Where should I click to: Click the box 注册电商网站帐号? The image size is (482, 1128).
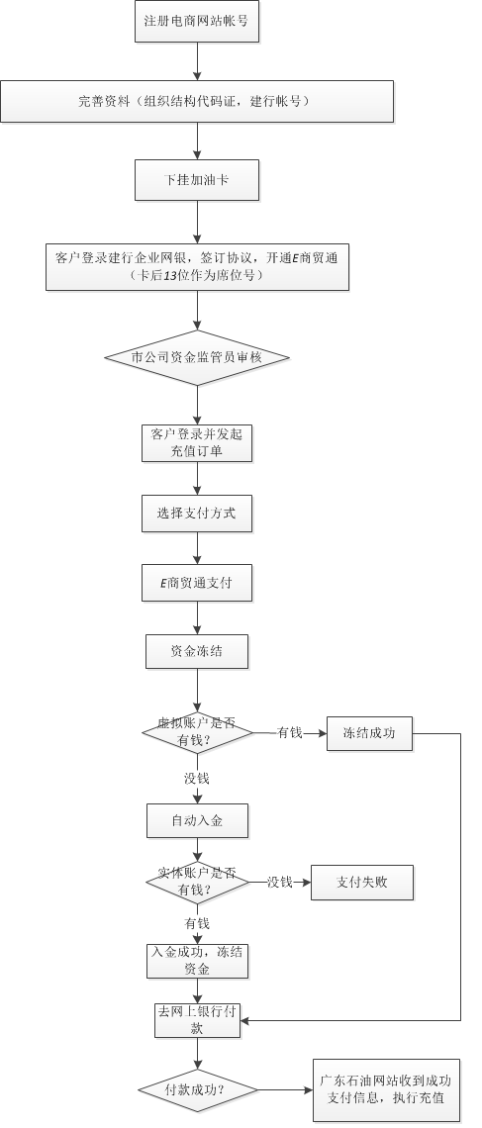[x=197, y=21]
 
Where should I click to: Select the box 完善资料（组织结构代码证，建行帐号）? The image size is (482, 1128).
[x=197, y=102]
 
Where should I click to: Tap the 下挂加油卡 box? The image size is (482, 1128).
[x=197, y=180]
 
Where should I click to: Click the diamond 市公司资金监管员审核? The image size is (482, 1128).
[x=197, y=357]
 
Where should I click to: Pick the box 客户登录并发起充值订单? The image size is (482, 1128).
[x=197, y=443]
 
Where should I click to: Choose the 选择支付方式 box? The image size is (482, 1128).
[x=197, y=513]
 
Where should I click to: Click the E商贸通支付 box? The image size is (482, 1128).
[x=197, y=583]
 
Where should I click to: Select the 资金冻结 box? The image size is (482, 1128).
[x=197, y=652]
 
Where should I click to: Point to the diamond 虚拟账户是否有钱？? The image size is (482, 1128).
[x=197, y=733]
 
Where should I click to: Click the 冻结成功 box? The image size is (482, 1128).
[x=370, y=734]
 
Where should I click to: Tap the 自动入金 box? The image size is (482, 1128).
[x=197, y=821]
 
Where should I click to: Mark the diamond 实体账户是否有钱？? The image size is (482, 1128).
[x=197, y=882]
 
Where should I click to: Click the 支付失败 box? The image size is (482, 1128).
[x=362, y=882]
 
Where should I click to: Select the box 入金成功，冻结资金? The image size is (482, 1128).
[x=197, y=961]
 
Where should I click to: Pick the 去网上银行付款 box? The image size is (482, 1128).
[x=197, y=1020]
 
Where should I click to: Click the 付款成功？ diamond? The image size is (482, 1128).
[x=197, y=1090]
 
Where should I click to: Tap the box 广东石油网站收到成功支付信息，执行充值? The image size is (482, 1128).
[x=386, y=1089]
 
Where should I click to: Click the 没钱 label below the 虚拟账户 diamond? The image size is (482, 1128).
[x=197, y=779]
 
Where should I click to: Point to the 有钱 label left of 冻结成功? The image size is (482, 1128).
[x=289, y=734]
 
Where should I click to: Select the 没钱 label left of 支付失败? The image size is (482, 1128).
[x=280, y=882]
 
